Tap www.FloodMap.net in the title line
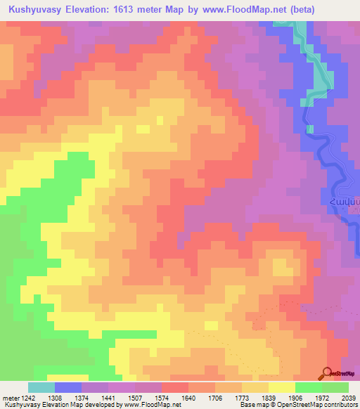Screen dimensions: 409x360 [241, 9]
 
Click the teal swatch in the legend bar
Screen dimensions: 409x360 [41, 387]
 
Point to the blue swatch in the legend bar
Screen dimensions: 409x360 [68, 387]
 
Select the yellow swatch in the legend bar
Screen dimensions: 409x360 [282, 387]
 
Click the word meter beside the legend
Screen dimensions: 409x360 [11, 398]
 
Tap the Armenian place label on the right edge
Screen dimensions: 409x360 [346, 202]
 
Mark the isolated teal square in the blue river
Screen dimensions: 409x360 [309, 129]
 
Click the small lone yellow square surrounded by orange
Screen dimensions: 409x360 [143, 129]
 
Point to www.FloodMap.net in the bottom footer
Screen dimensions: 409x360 [146, 405]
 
